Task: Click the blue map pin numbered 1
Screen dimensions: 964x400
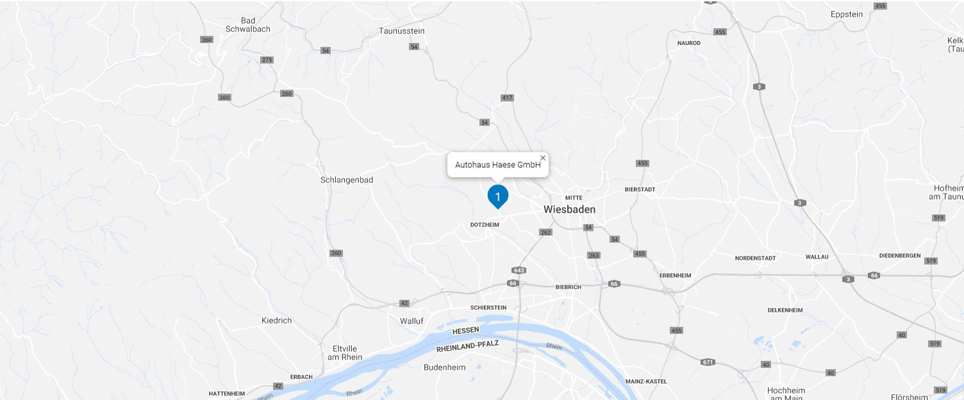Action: tap(498, 195)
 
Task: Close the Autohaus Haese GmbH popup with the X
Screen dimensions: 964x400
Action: tap(543, 158)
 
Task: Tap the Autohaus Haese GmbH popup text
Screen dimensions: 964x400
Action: tap(497, 165)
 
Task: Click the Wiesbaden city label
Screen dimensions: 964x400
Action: tap(569, 210)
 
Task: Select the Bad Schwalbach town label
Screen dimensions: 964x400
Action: tap(248, 25)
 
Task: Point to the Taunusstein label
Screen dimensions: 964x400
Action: tap(402, 31)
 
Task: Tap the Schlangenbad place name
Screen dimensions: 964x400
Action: tap(347, 180)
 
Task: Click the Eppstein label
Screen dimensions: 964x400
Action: tap(847, 14)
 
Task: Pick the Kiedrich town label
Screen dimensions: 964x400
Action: tap(277, 321)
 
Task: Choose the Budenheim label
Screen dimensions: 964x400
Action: tap(444, 368)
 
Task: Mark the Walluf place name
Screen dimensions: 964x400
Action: tap(411, 321)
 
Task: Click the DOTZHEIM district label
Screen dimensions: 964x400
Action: tap(485, 225)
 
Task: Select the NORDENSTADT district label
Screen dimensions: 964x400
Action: tap(755, 258)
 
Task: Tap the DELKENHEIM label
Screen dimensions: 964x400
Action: tap(785, 310)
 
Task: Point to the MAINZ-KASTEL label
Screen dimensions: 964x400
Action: tap(646, 381)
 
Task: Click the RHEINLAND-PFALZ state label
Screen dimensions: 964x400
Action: tap(467, 347)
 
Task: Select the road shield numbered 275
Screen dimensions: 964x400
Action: tap(267, 60)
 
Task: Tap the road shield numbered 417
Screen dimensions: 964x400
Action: tap(507, 97)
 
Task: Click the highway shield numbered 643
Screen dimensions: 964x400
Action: tap(519, 270)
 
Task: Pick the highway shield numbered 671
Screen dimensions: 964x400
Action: tap(708, 362)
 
